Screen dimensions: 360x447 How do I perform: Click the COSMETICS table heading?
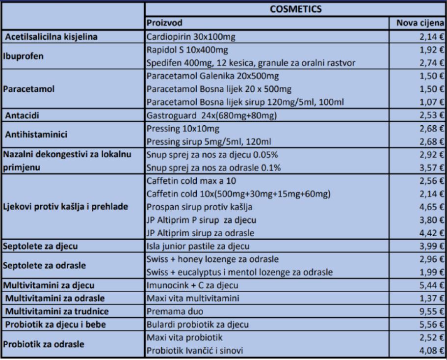pyautogui.click(x=296, y=9)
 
